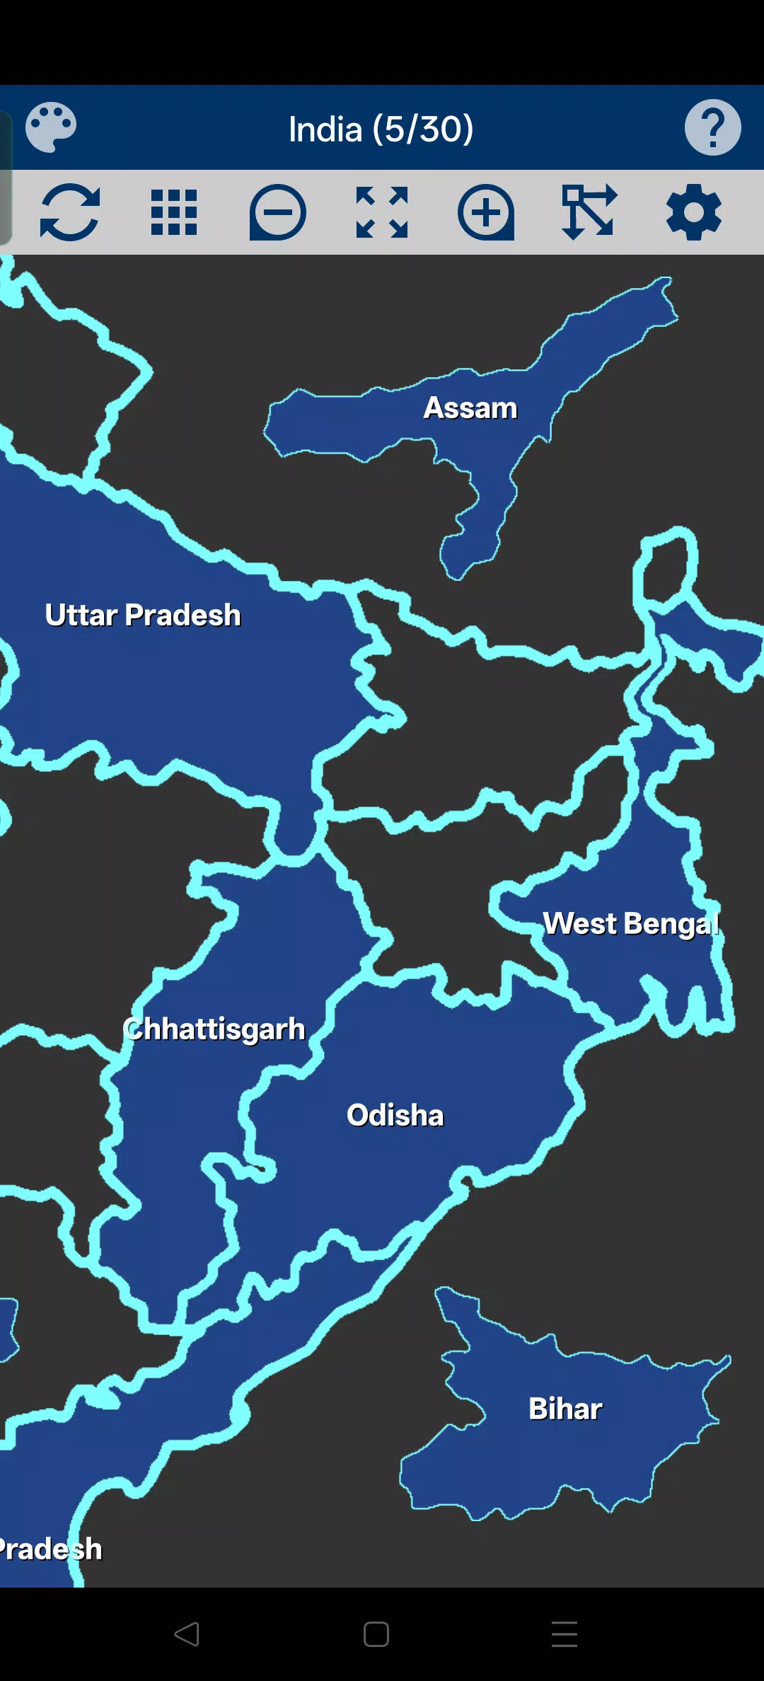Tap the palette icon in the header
(x=51, y=127)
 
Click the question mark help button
(x=712, y=127)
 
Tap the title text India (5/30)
(x=381, y=129)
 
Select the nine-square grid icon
(x=174, y=212)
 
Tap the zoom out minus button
(x=277, y=212)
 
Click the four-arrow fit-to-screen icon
(x=382, y=212)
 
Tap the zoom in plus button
(x=486, y=212)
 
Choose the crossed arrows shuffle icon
(x=589, y=212)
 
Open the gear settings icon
(x=693, y=212)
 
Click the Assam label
(x=470, y=408)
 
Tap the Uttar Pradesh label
(x=143, y=616)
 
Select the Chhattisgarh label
(x=214, y=1029)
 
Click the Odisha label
(x=395, y=1116)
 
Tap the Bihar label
(x=566, y=1409)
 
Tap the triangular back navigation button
(x=187, y=1634)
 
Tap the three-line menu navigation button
(x=565, y=1634)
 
